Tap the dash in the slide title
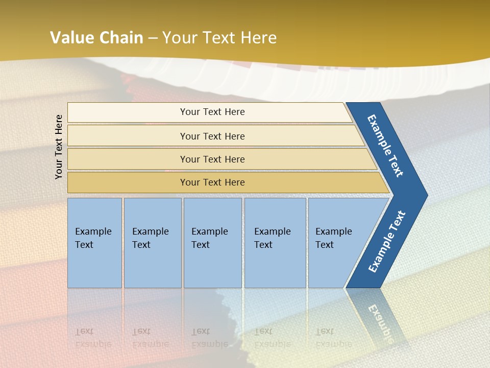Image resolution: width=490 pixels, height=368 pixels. tap(153, 38)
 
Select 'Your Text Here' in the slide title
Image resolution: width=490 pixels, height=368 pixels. tap(219, 37)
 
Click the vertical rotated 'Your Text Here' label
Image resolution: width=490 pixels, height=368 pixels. tap(59, 147)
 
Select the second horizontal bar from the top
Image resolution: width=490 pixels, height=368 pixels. tap(212, 136)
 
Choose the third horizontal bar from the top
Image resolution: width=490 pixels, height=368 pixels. tap(212, 159)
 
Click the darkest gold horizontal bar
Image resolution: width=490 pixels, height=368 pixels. tap(212, 182)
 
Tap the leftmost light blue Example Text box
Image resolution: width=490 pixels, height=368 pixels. tap(94, 242)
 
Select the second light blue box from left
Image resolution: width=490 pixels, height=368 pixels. tap(152, 242)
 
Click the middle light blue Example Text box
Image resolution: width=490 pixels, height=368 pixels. tap(212, 242)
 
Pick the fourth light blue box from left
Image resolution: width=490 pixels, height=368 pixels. tap(275, 242)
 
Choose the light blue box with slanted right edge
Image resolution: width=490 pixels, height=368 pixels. tap(337, 242)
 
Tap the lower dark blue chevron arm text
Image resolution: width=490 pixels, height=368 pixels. tap(387, 242)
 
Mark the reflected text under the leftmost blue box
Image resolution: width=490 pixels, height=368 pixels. tap(93, 337)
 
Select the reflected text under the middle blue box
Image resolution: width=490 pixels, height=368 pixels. tap(210, 337)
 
